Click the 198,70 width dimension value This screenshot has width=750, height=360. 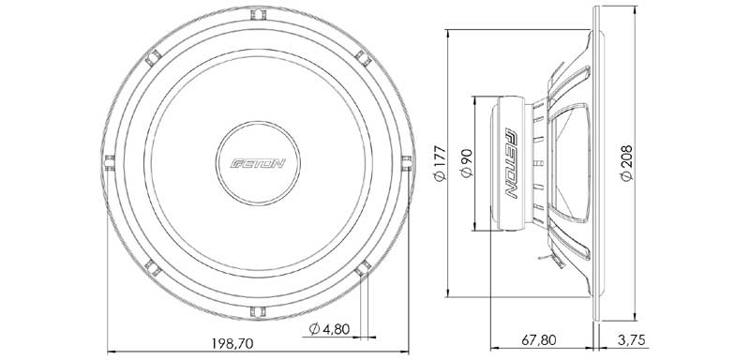232,343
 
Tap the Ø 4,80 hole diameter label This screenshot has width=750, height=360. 329,329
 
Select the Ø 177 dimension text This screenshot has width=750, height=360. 439,163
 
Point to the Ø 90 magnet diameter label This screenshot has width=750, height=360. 466,163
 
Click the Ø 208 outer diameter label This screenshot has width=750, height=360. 626,162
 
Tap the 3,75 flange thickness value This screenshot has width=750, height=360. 631,340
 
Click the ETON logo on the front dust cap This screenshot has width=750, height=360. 258,163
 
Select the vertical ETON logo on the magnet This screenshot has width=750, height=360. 512,163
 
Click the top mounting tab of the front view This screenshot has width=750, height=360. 258,14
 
